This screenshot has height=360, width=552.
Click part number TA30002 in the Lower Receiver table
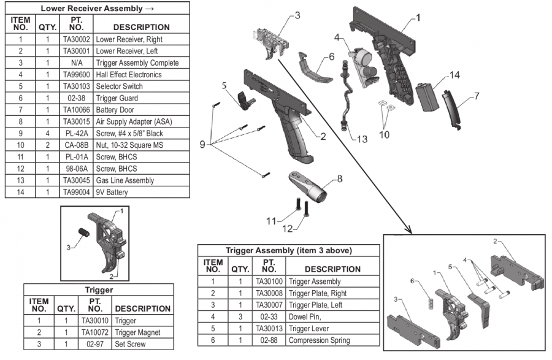point(77,39)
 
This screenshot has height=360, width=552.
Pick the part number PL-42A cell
point(77,133)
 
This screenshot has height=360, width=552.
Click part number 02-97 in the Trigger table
point(95,344)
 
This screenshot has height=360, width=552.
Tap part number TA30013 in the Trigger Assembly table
point(269,328)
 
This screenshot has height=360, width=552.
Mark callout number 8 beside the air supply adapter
point(340,178)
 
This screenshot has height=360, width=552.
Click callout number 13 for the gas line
point(362,139)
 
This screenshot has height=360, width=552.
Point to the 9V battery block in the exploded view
point(427,97)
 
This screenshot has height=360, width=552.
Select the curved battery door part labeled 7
point(451,109)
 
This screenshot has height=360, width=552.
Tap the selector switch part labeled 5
point(245,101)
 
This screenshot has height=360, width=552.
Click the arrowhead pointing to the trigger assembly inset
point(409,230)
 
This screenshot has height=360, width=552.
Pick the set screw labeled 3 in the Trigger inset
point(84,232)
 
